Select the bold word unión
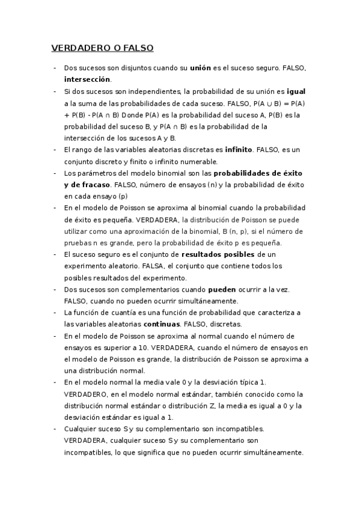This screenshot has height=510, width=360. click(x=200, y=69)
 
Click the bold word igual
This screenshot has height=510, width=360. click(x=296, y=91)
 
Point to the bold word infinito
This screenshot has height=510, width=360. click(x=238, y=150)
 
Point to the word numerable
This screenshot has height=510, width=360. click(x=197, y=161)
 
